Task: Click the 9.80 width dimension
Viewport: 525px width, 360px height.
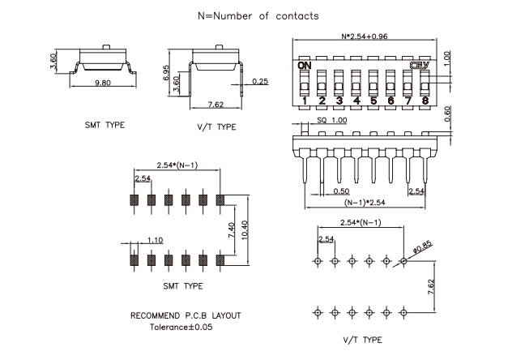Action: [103, 83]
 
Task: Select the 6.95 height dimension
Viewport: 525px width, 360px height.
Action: [166, 72]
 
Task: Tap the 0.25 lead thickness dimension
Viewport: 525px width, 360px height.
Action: [260, 81]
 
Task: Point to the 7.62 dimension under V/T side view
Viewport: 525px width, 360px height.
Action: [216, 105]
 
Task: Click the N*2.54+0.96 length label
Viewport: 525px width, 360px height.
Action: [365, 36]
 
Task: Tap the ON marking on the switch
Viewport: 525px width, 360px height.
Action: [305, 66]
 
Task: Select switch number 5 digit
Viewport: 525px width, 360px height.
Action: [373, 101]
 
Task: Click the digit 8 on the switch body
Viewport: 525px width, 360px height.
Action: [425, 101]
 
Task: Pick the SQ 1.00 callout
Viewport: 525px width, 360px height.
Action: [332, 120]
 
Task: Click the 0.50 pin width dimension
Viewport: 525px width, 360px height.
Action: [341, 191]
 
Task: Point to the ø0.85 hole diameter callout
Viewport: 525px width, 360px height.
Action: [423, 247]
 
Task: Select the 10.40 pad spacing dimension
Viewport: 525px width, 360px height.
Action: [245, 230]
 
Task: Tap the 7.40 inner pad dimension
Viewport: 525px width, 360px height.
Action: [232, 230]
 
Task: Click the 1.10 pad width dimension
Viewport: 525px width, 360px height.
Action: [156, 240]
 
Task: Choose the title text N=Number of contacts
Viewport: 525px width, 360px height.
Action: [258, 16]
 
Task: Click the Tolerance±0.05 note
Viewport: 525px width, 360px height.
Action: [181, 327]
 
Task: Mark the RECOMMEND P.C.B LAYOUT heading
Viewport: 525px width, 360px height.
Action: [186, 315]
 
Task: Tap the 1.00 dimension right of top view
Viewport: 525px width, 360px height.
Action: [447, 58]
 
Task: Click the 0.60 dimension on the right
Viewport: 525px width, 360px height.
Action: [447, 114]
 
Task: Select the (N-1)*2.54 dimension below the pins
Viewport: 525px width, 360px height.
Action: [365, 203]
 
